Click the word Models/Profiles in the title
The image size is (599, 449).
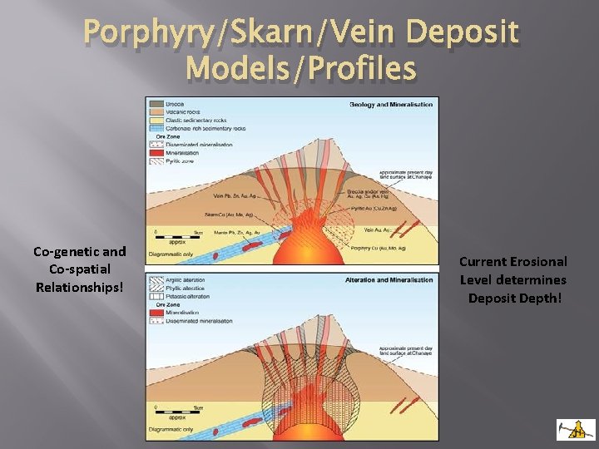pos(301,68)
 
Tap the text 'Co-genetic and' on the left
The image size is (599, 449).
pos(79,251)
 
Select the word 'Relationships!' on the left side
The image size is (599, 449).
pos(79,287)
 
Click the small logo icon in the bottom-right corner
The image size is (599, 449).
pos(575,428)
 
